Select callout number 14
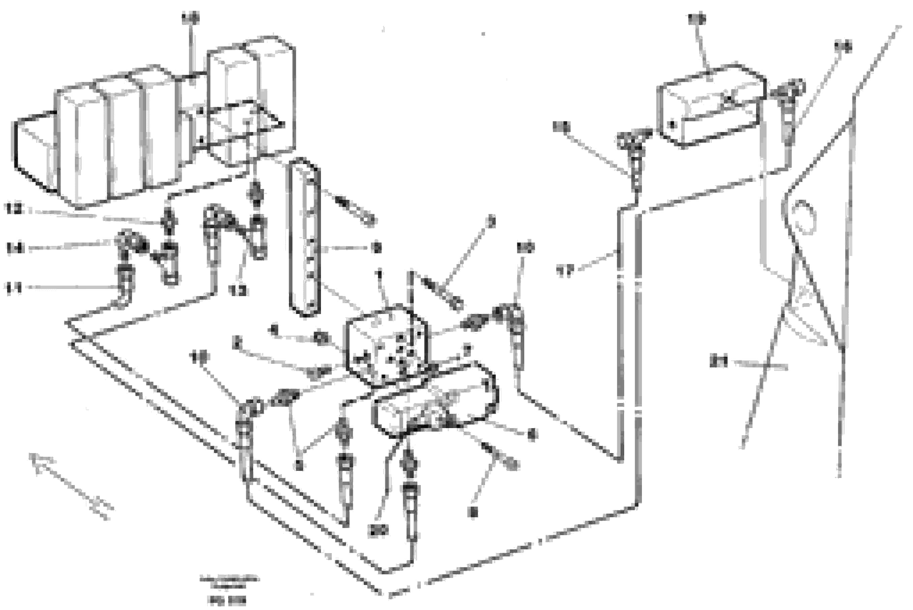coord(14,248)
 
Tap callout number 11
coord(13,288)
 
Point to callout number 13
coord(237,290)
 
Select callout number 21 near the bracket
coord(718,362)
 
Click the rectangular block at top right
coord(711,107)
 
